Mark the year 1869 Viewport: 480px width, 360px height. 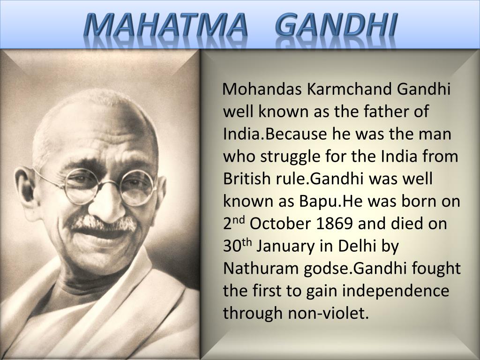coord(334,223)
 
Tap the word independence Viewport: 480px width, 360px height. coord(395,291)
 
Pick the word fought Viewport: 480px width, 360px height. coord(436,268)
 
